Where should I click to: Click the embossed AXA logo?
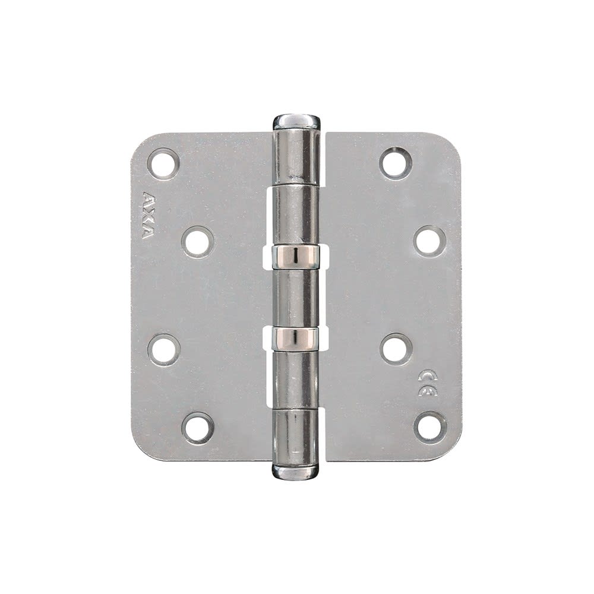pos(147,215)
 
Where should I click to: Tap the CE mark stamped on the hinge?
pos(427,383)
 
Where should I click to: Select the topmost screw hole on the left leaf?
pos(163,163)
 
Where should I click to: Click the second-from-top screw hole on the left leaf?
pos(198,242)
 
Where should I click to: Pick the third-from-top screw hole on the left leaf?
pos(163,349)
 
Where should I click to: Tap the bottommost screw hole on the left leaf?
pos(198,428)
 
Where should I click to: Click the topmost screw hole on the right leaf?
pos(396,163)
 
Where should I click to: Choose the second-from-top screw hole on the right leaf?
pos(430,241)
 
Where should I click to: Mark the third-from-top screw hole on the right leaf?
pos(396,349)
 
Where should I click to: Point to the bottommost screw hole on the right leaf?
pos(430,427)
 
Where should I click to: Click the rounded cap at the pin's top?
pos(296,122)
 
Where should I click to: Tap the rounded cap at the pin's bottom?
pos(295,472)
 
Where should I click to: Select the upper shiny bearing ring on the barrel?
pos(296,255)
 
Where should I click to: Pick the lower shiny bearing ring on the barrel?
pos(295,339)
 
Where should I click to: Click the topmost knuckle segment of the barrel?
pos(296,156)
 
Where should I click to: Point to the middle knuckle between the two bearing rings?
pos(295,297)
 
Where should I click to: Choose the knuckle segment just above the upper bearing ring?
pos(296,214)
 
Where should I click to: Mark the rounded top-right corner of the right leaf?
pos(451,143)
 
